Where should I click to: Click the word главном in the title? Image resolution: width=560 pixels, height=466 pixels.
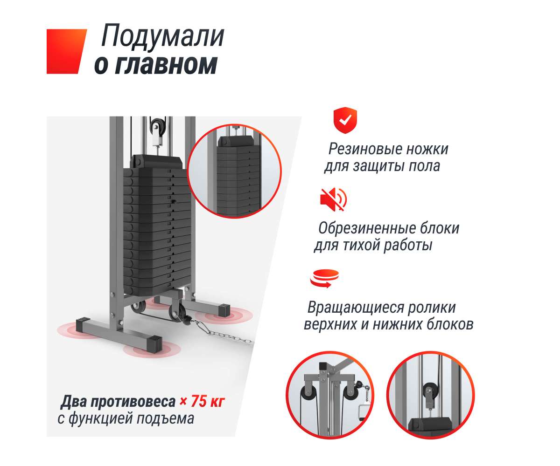166,65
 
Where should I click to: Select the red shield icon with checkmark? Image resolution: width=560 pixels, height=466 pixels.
345,120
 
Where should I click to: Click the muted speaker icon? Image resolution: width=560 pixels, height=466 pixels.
333,199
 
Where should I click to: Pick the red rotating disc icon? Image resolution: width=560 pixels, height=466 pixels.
324,279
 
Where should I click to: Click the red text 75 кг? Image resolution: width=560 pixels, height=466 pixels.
207,401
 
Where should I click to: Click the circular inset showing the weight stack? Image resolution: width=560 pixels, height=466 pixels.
234,171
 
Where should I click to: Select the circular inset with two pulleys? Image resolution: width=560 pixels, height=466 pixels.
329,395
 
